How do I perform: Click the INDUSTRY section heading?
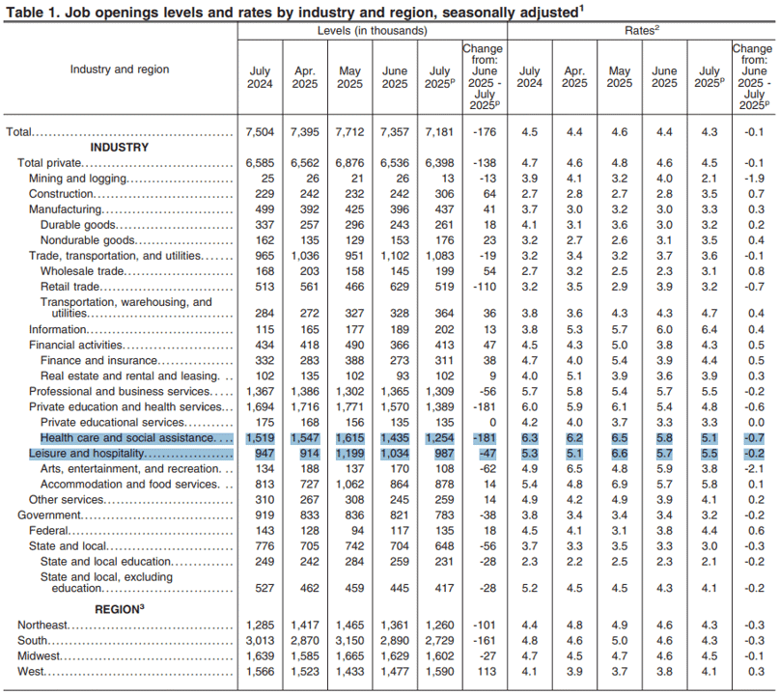(120, 148)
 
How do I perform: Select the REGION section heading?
(120, 609)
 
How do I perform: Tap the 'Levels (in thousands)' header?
(372, 31)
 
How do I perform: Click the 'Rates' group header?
(642, 31)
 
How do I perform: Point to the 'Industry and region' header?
(120, 69)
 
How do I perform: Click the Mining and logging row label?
(78, 179)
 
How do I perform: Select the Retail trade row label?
(70, 287)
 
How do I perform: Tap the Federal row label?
(48, 531)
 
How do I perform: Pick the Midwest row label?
(39, 655)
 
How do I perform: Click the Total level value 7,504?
(260, 132)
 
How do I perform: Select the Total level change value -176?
(485, 132)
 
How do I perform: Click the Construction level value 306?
(444, 194)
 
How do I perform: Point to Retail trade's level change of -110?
(485, 287)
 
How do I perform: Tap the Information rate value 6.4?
(709, 329)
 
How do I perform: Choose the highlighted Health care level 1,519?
(260, 438)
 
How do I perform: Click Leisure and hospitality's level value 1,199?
(349, 454)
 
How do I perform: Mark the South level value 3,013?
(260, 640)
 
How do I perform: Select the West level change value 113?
(487, 671)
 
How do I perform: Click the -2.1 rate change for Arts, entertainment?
(754, 469)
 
